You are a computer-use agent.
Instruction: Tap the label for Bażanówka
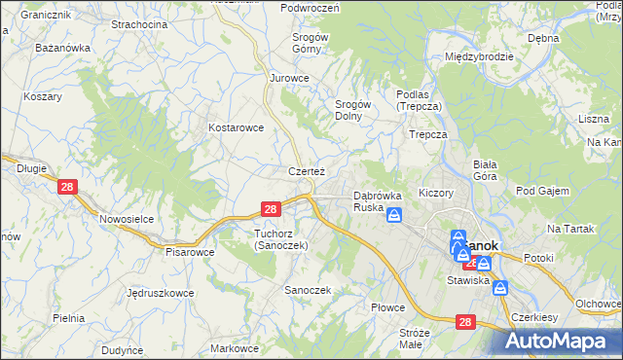(x=62, y=47)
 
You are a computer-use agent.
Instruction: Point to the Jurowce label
(x=289, y=78)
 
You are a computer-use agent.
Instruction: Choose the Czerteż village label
(x=306, y=171)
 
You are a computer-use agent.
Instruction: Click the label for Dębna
(x=542, y=38)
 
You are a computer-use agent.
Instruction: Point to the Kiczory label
(x=436, y=193)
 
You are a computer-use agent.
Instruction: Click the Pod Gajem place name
(x=542, y=191)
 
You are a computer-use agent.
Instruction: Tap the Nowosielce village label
(x=127, y=219)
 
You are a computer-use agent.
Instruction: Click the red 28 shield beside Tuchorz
(x=272, y=209)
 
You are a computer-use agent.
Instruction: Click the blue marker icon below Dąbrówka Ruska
(x=394, y=215)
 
